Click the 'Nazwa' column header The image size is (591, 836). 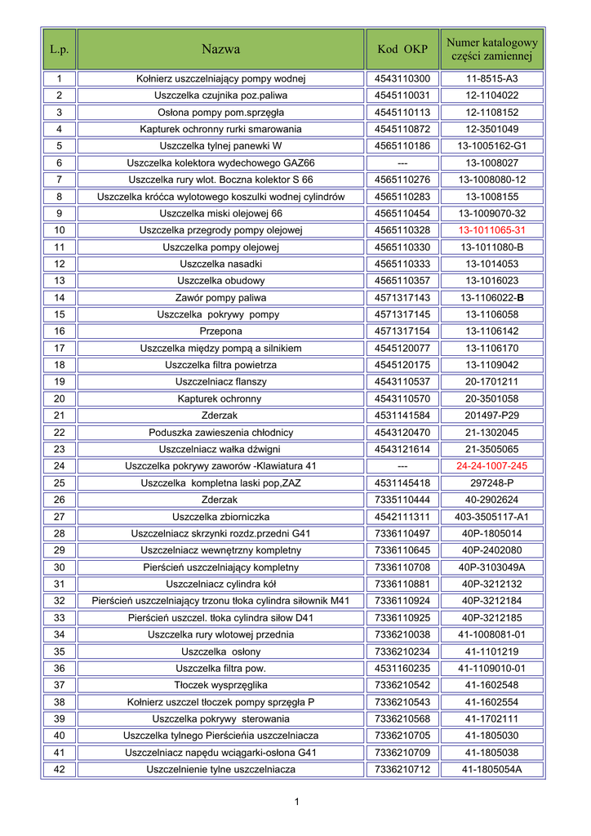tap(220, 49)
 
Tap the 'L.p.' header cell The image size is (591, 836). tap(60, 49)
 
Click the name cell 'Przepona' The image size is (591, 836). tap(220, 331)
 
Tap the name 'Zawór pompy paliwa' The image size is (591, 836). tap(220, 298)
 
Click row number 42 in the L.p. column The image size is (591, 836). tap(60, 769)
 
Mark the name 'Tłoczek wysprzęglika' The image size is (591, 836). tap(220, 685)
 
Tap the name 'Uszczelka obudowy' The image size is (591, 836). tap(220, 281)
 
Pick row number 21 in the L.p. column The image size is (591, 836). tap(60, 416)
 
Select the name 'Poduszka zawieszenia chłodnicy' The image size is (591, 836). tap(220, 433)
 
